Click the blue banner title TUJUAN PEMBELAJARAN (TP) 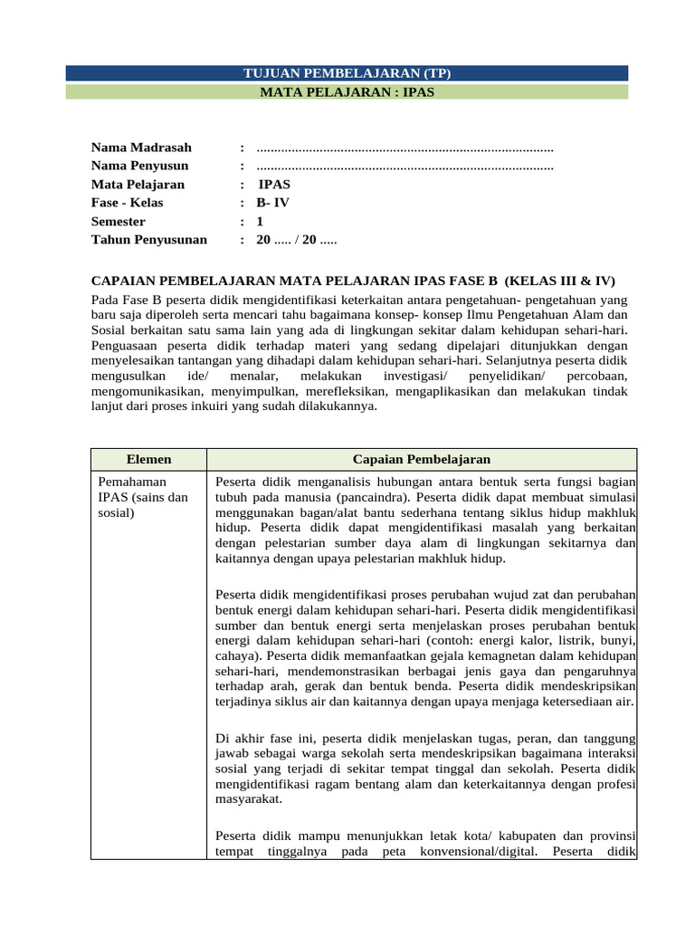(348, 72)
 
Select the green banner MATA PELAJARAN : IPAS (348, 91)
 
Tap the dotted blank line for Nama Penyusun (405, 167)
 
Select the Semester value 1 (260, 222)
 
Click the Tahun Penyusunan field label (148, 240)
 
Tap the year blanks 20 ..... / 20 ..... (297, 240)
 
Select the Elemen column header (148, 460)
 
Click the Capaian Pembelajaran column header (422, 460)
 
